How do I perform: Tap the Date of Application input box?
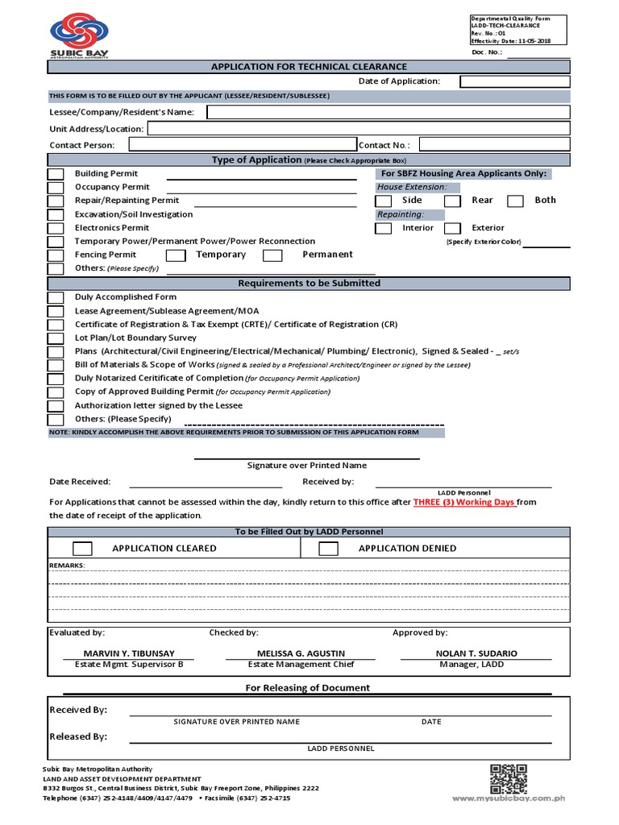[515, 81]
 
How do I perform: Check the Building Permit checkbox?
[56, 174]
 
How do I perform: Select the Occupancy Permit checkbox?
[56, 188]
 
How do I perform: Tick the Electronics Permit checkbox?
[56, 228]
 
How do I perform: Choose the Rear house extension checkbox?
[453, 201]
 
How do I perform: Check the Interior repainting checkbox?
[384, 229]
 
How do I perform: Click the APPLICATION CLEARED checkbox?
[82, 549]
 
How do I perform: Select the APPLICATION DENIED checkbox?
[328, 549]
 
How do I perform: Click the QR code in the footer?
[509, 779]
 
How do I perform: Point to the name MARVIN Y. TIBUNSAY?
[129, 653]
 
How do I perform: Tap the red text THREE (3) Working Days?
[463, 502]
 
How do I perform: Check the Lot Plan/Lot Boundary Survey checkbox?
[56, 338]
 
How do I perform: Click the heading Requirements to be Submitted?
[309, 284]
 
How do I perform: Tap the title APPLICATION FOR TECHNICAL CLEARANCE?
[309, 67]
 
